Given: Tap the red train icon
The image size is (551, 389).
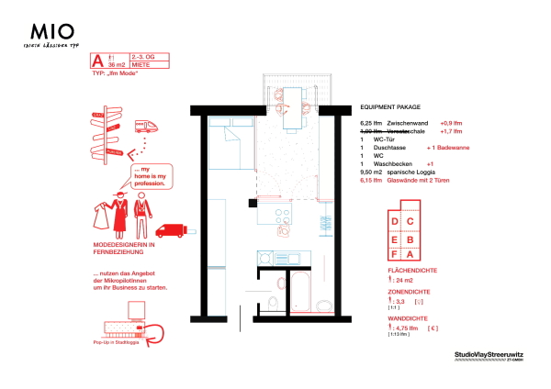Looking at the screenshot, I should (x=146, y=126).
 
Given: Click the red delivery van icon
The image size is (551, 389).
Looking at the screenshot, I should (x=172, y=230).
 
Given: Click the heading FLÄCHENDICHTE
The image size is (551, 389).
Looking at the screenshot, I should (x=414, y=271).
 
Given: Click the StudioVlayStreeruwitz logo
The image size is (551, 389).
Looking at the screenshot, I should (x=495, y=353).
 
